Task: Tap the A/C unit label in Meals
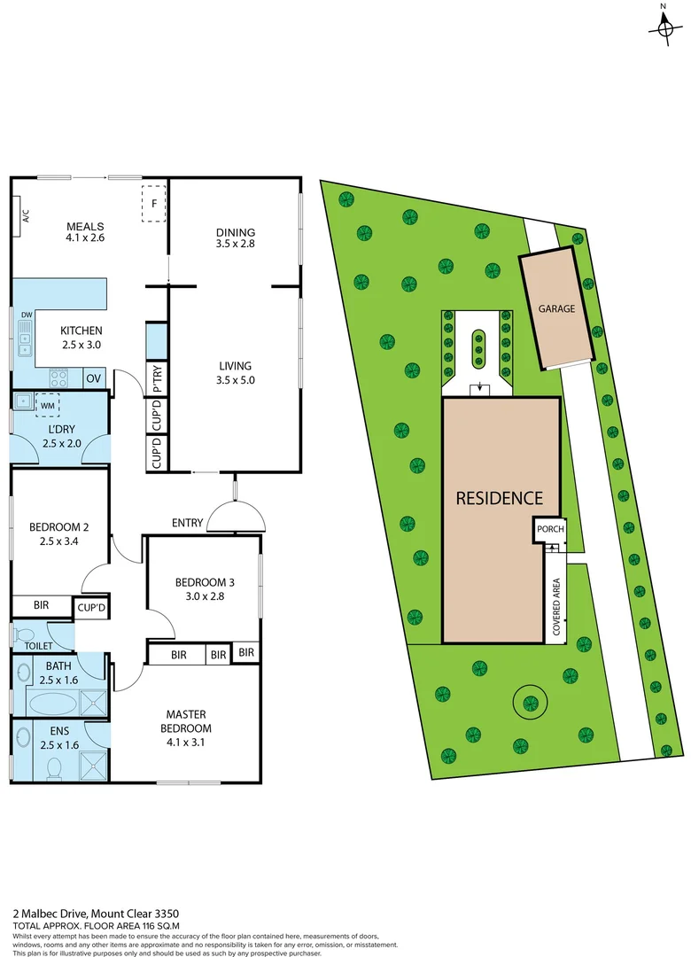click(26, 215)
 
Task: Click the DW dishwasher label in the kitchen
click(26, 315)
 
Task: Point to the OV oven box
click(94, 378)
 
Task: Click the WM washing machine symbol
click(47, 405)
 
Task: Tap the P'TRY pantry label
click(157, 378)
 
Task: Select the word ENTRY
click(187, 523)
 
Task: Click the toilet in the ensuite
click(55, 766)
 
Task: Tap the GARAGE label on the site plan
click(556, 309)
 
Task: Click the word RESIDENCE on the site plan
click(499, 498)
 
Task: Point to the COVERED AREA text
click(556, 607)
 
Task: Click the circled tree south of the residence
click(530, 703)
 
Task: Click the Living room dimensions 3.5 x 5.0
click(235, 381)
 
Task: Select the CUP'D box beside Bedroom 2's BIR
click(91, 608)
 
